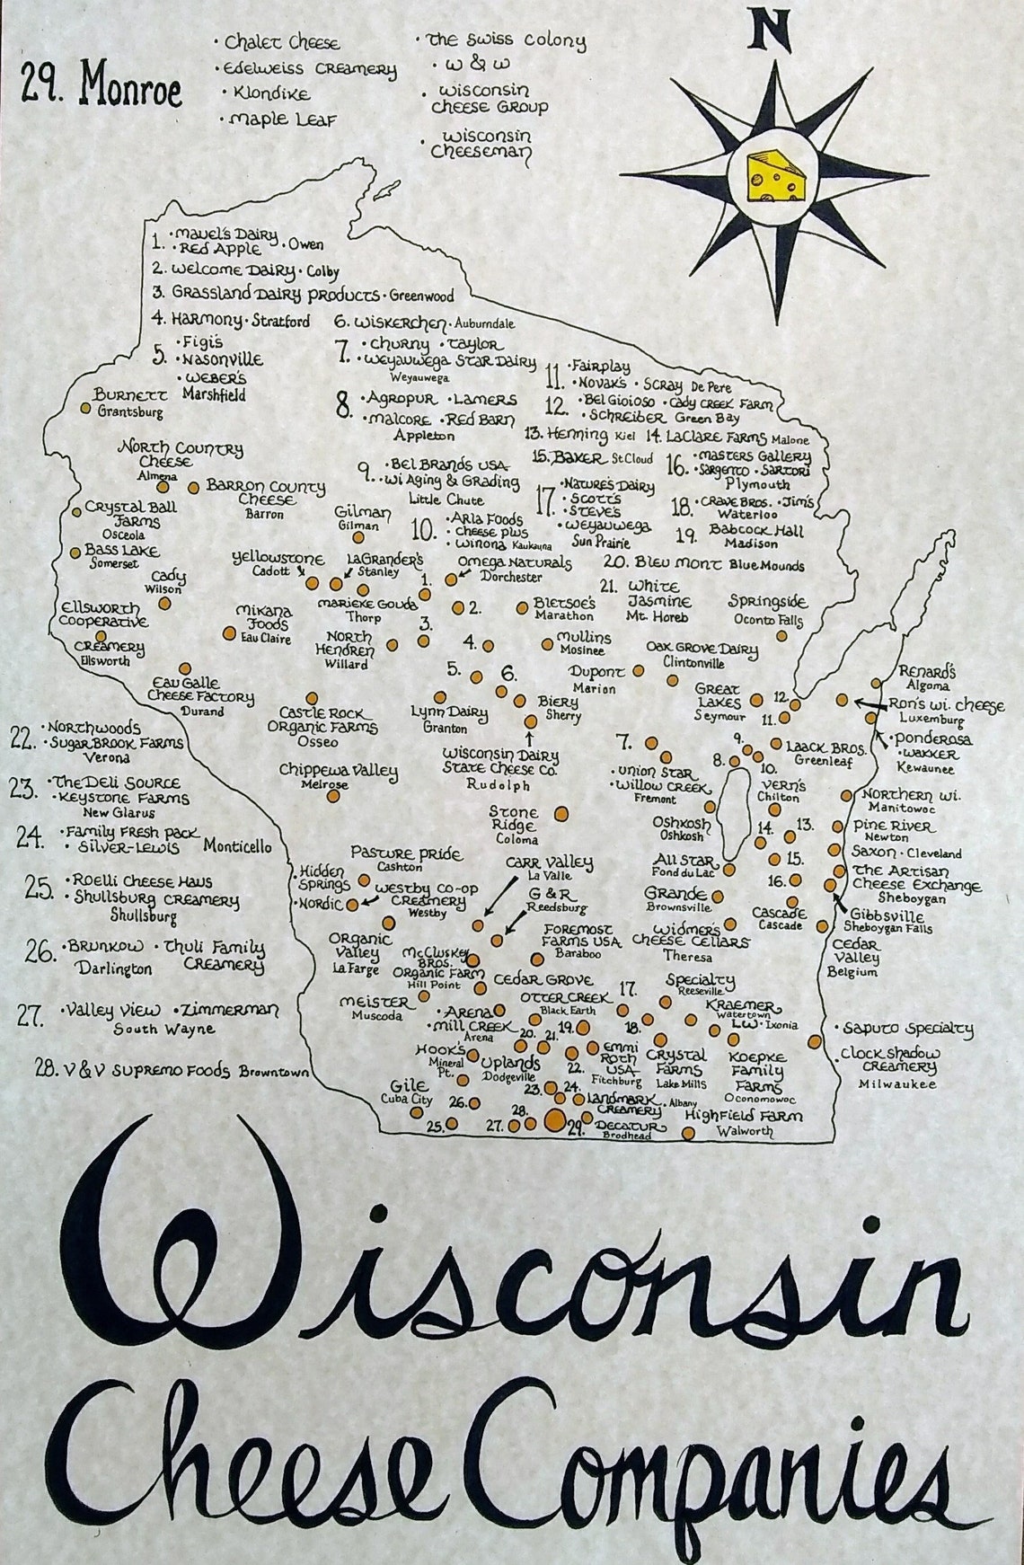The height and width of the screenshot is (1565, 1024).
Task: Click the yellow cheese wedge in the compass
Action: (x=777, y=175)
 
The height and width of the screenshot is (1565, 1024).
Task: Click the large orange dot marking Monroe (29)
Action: (x=555, y=1119)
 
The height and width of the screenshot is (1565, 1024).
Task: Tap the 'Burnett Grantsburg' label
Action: (x=130, y=402)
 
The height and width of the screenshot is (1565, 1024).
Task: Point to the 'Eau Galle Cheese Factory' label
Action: (x=199, y=690)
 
